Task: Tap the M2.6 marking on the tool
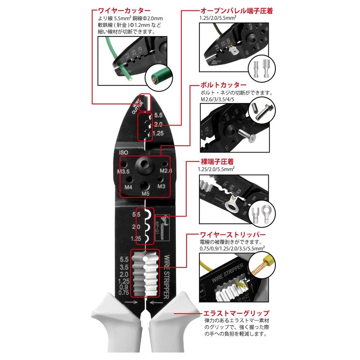coord(166,171)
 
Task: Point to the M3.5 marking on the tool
coord(124,171)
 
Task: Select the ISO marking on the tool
coord(124,153)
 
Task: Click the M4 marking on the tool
coord(128,187)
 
